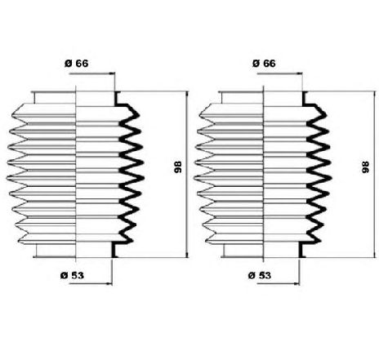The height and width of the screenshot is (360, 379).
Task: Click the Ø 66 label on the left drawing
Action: [76, 64]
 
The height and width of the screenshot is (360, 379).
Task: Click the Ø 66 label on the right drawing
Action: [264, 64]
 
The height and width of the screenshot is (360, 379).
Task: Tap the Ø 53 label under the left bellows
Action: [72, 275]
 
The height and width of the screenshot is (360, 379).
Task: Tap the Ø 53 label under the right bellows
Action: [260, 275]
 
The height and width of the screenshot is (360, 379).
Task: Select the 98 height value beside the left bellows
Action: [178, 167]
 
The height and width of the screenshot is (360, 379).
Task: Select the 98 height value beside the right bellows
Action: [365, 167]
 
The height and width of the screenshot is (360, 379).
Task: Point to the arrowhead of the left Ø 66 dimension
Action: [112, 73]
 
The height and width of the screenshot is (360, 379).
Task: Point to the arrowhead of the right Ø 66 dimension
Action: [299, 73]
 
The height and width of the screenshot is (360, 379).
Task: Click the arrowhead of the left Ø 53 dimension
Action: [109, 284]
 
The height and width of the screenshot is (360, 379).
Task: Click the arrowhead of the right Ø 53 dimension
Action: [297, 284]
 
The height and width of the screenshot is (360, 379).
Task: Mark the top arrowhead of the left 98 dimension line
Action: [187, 95]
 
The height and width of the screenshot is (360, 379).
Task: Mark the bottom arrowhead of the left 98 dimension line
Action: [187, 254]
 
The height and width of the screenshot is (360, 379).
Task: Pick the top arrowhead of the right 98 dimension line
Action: [375, 95]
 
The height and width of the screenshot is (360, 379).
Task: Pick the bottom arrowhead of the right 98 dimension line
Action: [375, 254]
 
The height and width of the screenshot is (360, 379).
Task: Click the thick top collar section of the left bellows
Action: [116, 99]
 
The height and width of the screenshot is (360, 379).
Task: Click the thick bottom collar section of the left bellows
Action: [114, 250]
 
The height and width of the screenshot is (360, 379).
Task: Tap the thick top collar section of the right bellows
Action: [304, 99]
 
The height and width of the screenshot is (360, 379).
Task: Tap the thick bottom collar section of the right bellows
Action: [301, 250]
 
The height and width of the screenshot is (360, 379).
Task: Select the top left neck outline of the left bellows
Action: [34, 98]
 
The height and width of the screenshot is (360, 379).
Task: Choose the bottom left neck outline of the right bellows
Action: [224, 250]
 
